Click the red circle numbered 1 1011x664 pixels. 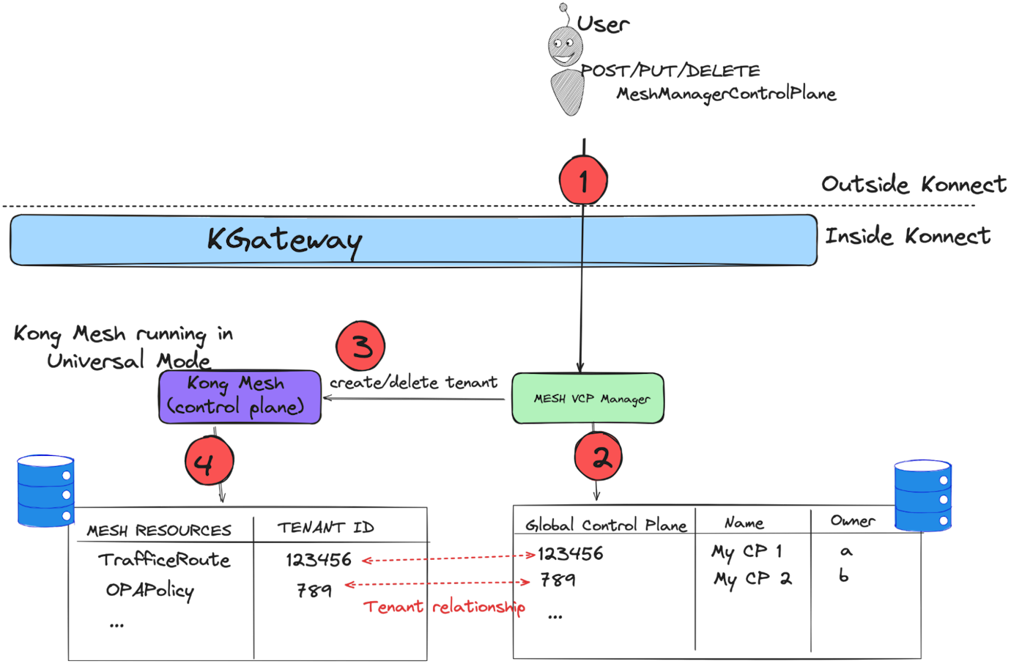pos(583,180)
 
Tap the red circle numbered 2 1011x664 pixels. pos(599,457)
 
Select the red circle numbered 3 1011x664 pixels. pos(360,346)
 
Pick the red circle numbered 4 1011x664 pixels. pos(209,462)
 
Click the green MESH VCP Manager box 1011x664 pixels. pos(588,399)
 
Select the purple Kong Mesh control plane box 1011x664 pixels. pos(240,396)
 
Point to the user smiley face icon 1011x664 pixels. pos(563,51)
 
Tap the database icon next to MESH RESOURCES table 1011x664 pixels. pos(45,490)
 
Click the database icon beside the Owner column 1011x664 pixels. pos(922,495)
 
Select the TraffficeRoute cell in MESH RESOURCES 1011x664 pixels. pos(164,560)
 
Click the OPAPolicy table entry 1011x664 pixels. pos(149,590)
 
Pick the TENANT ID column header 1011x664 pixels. pos(325,528)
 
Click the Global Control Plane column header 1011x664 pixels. pos(606,525)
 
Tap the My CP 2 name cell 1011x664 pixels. pos(752,579)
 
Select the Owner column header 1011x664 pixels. pos(852,521)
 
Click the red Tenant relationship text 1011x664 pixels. pos(444,607)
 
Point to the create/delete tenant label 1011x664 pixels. pos(413,383)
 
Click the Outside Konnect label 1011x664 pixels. pos(913,184)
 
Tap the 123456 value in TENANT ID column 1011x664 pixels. pos(319,560)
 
